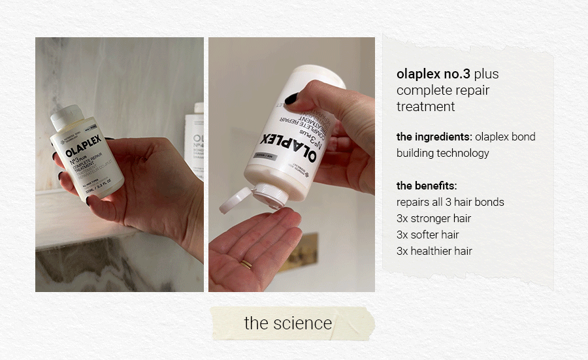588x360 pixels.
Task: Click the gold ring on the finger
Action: [x=247, y=264]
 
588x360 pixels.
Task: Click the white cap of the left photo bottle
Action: [x=65, y=118]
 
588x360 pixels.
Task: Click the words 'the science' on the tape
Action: [x=287, y=323]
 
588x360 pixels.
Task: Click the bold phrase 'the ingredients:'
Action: [x=434, y=137]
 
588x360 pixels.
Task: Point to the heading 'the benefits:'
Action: [x=427, y=186]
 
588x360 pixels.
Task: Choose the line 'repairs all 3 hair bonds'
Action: [x=450, y=202]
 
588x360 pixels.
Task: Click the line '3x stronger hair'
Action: [x=433, y=218]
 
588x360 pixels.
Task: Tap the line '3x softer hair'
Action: [x=427, y=235]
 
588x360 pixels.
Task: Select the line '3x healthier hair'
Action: [x=434, y=251]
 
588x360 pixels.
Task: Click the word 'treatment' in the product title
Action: [x=425, y=106]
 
